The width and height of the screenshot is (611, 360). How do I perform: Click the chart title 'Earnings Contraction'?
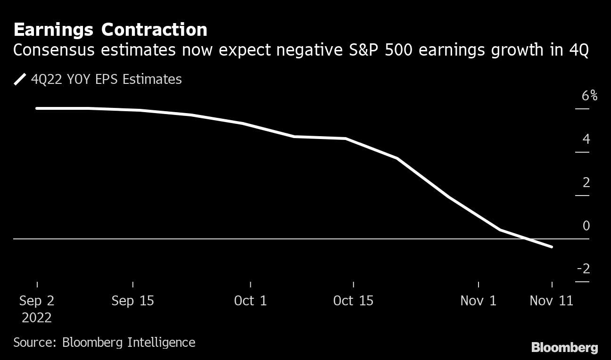110,30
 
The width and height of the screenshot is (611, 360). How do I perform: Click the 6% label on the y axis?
589,96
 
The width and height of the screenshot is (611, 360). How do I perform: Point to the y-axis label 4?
586,139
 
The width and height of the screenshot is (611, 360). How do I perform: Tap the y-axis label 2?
586,182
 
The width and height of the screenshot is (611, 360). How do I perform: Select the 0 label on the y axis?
586,226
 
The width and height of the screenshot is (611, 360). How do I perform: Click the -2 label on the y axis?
584,269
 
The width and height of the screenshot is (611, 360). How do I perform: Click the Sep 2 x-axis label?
37,301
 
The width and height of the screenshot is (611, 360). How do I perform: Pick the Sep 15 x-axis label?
133,301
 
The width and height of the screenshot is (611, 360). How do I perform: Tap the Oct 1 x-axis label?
250,301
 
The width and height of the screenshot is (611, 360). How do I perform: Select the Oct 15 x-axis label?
353,301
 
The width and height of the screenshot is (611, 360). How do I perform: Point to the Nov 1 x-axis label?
479,301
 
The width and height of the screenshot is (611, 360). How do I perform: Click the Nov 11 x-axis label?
552,301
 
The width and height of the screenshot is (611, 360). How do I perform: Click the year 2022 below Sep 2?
37,318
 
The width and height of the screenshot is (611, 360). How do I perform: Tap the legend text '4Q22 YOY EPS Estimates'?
106,79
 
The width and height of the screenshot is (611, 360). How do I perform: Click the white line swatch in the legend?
20,79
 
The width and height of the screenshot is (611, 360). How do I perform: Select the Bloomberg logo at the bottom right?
565,348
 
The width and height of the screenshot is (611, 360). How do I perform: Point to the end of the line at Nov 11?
552,246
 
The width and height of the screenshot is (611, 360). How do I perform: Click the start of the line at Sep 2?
37,108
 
